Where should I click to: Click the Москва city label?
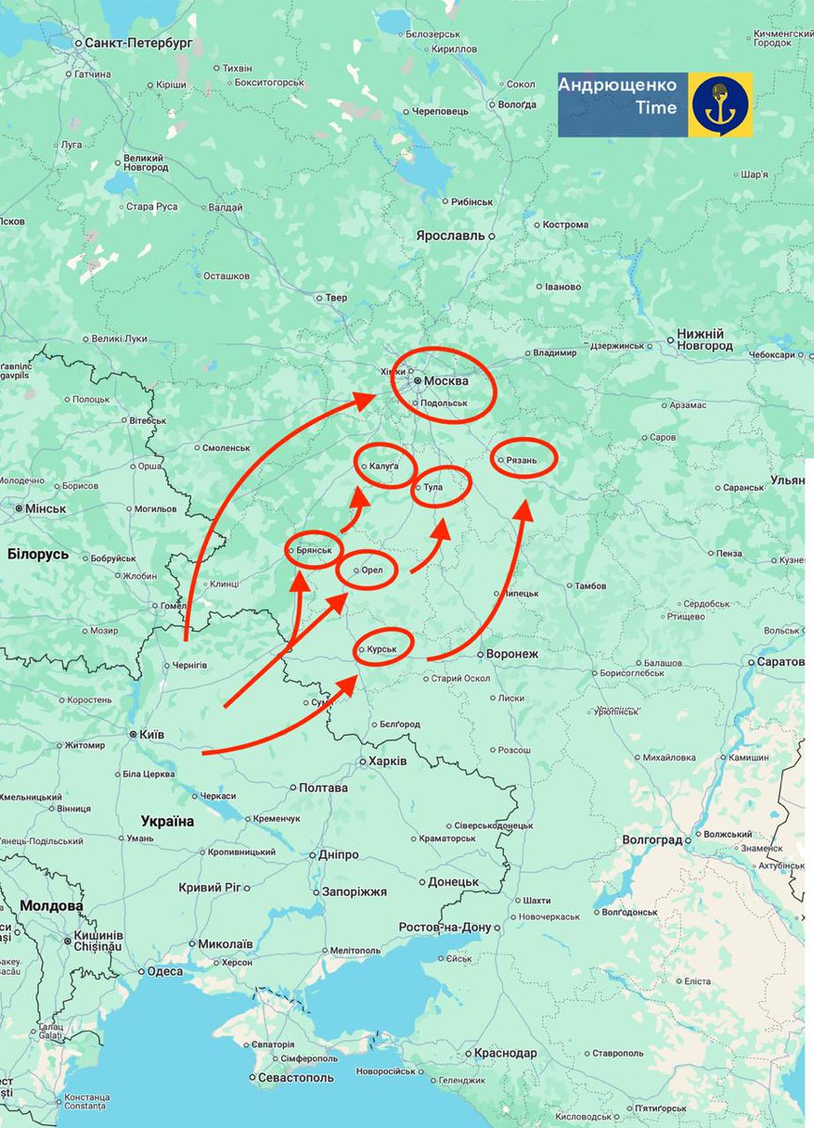pos(446,381)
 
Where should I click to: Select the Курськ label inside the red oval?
pos(388,648)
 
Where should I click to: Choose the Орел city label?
pos(372,570)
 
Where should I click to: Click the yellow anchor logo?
pos(721,104)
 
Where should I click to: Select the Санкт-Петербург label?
pos(138,43)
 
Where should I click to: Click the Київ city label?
pos(152,733)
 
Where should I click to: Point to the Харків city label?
pos(388,760)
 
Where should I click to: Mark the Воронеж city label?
pos(511,653)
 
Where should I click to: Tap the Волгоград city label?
pos(653,839)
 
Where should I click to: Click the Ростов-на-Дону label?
pos(445,928)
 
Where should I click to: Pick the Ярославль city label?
pos(450,235)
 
